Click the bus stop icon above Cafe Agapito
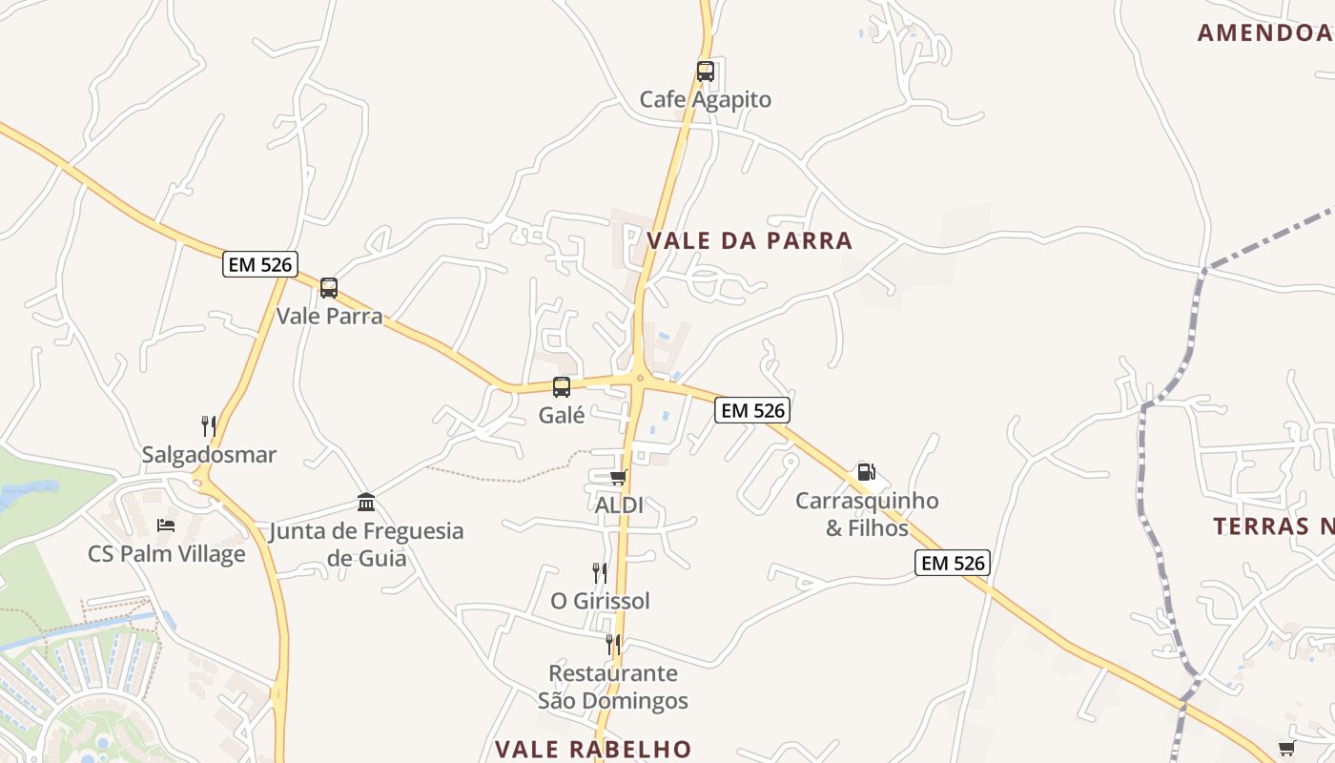click(x=705, y=71)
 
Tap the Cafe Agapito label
click(x=705, y=99)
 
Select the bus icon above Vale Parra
click(x=329, y=287)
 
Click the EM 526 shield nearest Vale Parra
click(x=260, y=264)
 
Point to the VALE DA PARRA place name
click(x=750, y=240)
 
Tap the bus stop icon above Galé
click(x=562, y=386)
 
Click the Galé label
click(x=562, y=415)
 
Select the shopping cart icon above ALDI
click(x=619, y=477)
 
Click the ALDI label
click(x=619, y=505)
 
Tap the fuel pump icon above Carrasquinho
click(x=866, y=471)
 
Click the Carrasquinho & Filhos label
click(x=867, y=514)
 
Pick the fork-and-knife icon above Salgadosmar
click(x=208, y=425)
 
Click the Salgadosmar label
click(x=209, y=455)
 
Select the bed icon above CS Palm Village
click(x=166, y=525)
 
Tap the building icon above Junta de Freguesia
click(x=366, y=502)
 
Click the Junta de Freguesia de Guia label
click(x=366, y=544)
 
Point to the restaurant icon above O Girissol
click(x=600, y=572)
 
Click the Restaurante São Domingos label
click(x=612, y=687)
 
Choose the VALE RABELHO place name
click(x=593, y=749)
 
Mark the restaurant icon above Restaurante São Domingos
click(x=612, y=645)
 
